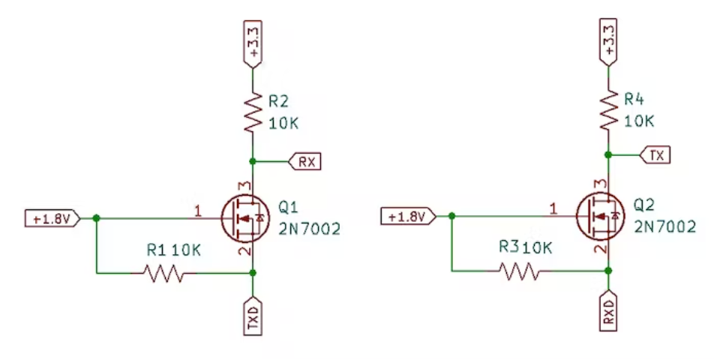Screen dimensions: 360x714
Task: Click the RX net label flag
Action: click(306, 161)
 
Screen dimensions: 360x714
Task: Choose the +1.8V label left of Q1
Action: click(50, 219)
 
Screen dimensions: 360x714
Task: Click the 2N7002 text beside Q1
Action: click(309, 229)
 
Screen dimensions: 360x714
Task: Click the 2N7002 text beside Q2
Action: click(664, 226)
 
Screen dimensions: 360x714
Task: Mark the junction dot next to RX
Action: click(254, 161)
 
